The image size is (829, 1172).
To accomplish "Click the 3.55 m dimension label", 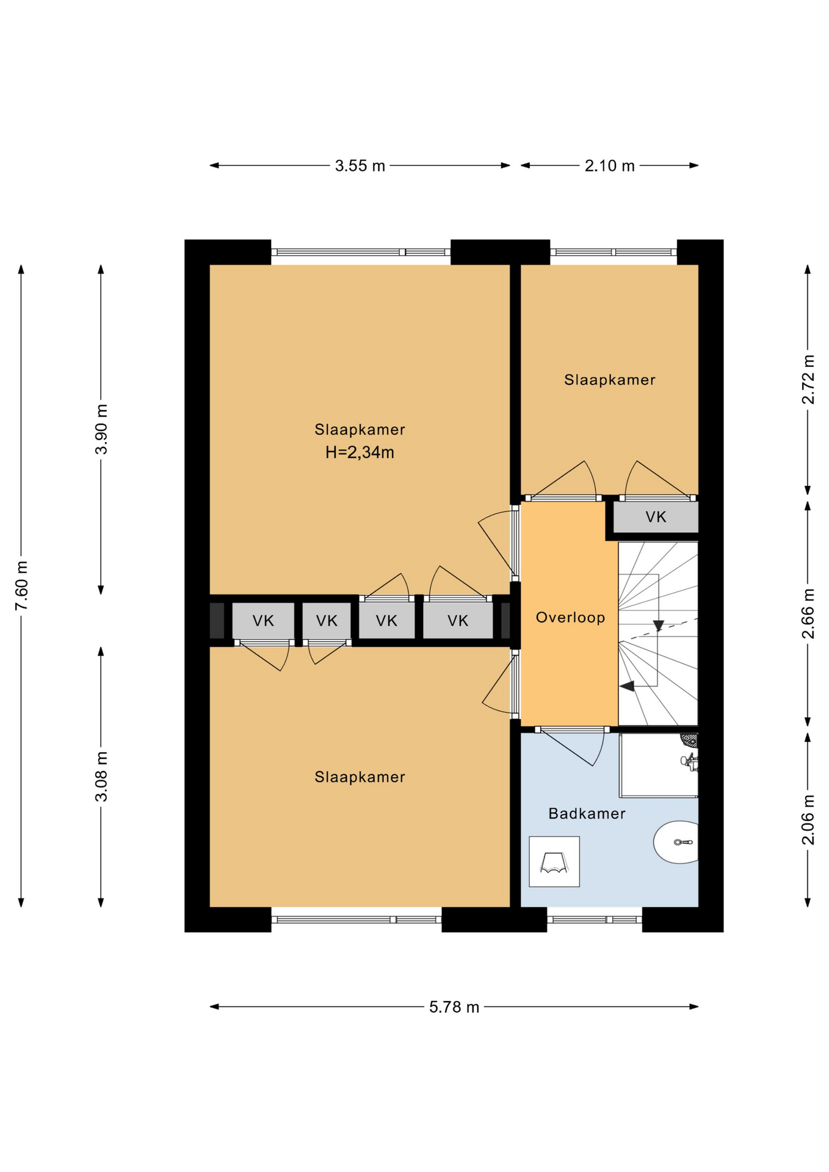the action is tap(360, 165).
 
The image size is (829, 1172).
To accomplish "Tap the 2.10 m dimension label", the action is tap(609, 165).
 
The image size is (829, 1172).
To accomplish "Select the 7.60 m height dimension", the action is tap(21, 585).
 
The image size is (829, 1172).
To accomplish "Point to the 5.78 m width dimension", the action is tap(454, 1007).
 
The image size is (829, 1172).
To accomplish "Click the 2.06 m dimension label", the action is tap(808, 820).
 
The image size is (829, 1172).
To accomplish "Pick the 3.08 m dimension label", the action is tap(101, 776).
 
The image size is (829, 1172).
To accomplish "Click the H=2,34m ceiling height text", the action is tap(360, 452).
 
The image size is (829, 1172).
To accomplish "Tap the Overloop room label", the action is tap(570, 618).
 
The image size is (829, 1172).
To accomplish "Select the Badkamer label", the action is tap(587, 814).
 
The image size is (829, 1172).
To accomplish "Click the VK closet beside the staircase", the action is tap(656, 517).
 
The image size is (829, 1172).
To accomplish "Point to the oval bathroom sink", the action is tap(676, 842).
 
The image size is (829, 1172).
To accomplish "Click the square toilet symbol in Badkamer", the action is tap(554, 861).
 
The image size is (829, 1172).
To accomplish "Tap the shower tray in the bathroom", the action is tap(659, 765).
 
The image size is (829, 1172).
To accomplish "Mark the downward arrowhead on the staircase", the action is tap(658, 626).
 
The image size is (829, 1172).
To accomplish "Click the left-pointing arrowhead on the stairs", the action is tap(627, 686).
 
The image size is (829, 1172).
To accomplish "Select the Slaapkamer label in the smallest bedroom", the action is tap(609, 380).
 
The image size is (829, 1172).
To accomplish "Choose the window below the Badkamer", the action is tap(595, 919).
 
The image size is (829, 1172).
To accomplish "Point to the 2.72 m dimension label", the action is tap(808, 379).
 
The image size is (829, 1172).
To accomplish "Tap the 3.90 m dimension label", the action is tap(101, 429).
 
